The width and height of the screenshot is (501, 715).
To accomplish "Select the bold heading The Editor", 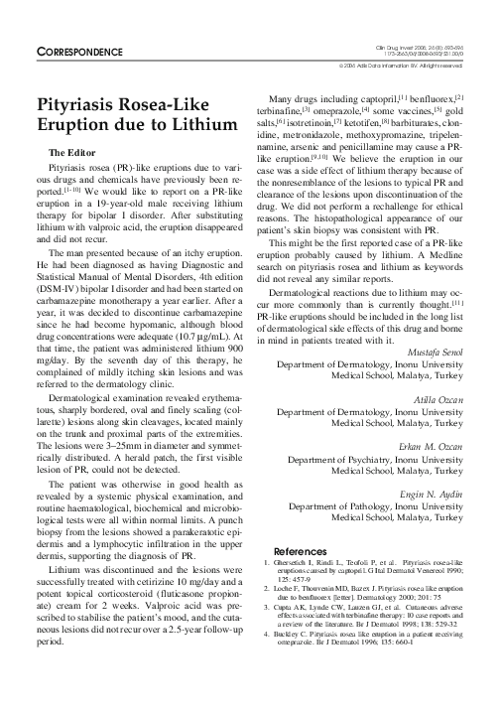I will [x=72, y=153].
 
